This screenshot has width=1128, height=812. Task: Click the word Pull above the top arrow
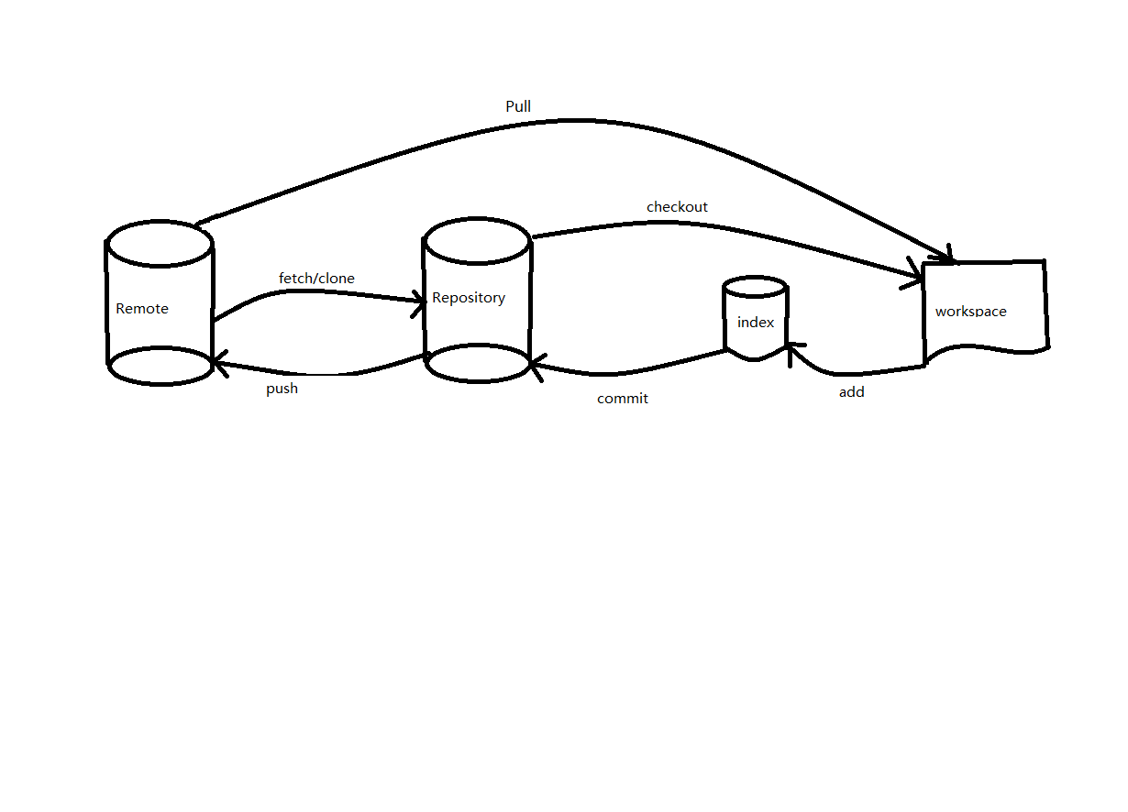[x=518, y=107]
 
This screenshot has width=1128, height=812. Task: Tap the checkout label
[x=677, y=207]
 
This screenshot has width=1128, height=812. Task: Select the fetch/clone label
[x=316, y=278]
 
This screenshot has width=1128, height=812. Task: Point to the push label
[x=282, y=389]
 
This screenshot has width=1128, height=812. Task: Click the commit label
[x=622, y=399]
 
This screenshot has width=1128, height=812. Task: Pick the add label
[x=851, y=392]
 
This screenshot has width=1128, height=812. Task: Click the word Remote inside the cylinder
[x=142, y=309]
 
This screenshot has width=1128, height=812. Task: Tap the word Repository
[x=469, y=298]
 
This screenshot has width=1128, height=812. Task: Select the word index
[x=756, y=323]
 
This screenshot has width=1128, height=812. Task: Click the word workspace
[x=970, y=312]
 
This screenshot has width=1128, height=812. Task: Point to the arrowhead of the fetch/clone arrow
[x=421, y=300]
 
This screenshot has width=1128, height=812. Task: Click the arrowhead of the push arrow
[x=217, y=364]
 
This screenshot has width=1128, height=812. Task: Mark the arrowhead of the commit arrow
[x=536, y=365]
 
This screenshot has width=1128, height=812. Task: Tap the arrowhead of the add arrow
[x=792, y=348]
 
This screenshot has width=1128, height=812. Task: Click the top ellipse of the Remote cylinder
[x=160, y=243]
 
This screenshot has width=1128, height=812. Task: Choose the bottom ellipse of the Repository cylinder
[x=477, y=363]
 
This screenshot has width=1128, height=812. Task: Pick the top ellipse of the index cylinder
[x=755, y=287]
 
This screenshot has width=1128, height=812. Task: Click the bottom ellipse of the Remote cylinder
[x=160, y=367]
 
